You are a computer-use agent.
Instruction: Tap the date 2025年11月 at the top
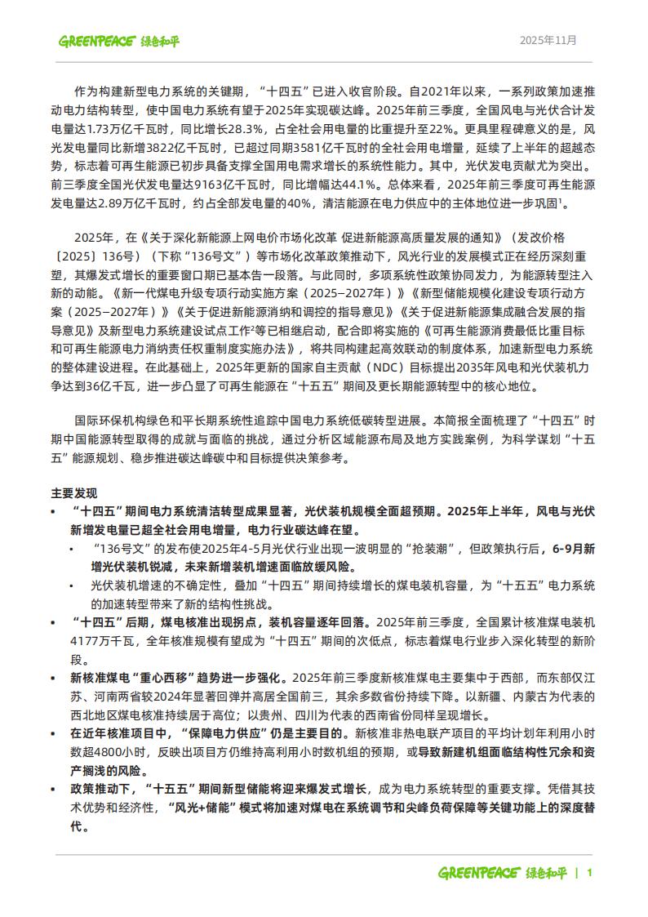coord(548,40)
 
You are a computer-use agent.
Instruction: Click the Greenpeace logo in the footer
coord(503,872)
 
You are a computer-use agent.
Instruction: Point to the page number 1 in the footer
coord(589,872)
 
